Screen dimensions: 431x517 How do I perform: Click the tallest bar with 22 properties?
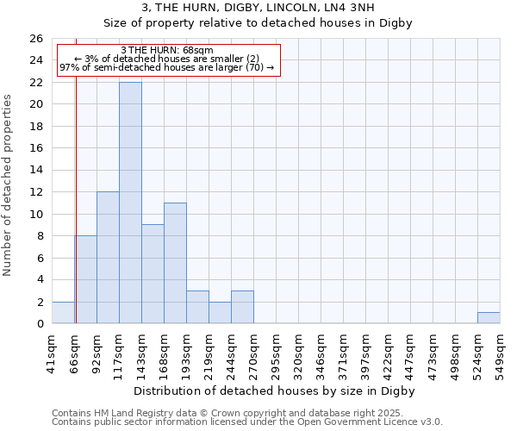click(x=130, y=203)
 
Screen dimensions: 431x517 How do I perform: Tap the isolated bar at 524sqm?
click(x=489, y=317)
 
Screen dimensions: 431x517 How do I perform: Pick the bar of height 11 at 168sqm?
click(x=175, y=263)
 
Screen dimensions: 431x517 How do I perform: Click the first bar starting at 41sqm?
click(x=63, y=313)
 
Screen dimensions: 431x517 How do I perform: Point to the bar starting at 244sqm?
click(x=242, y=307)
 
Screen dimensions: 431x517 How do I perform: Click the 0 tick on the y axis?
click(x=39, y=324)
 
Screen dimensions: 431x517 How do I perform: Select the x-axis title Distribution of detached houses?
click(x=275, y=390)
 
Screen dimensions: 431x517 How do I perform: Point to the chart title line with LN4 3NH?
click(x=258, y=8)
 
